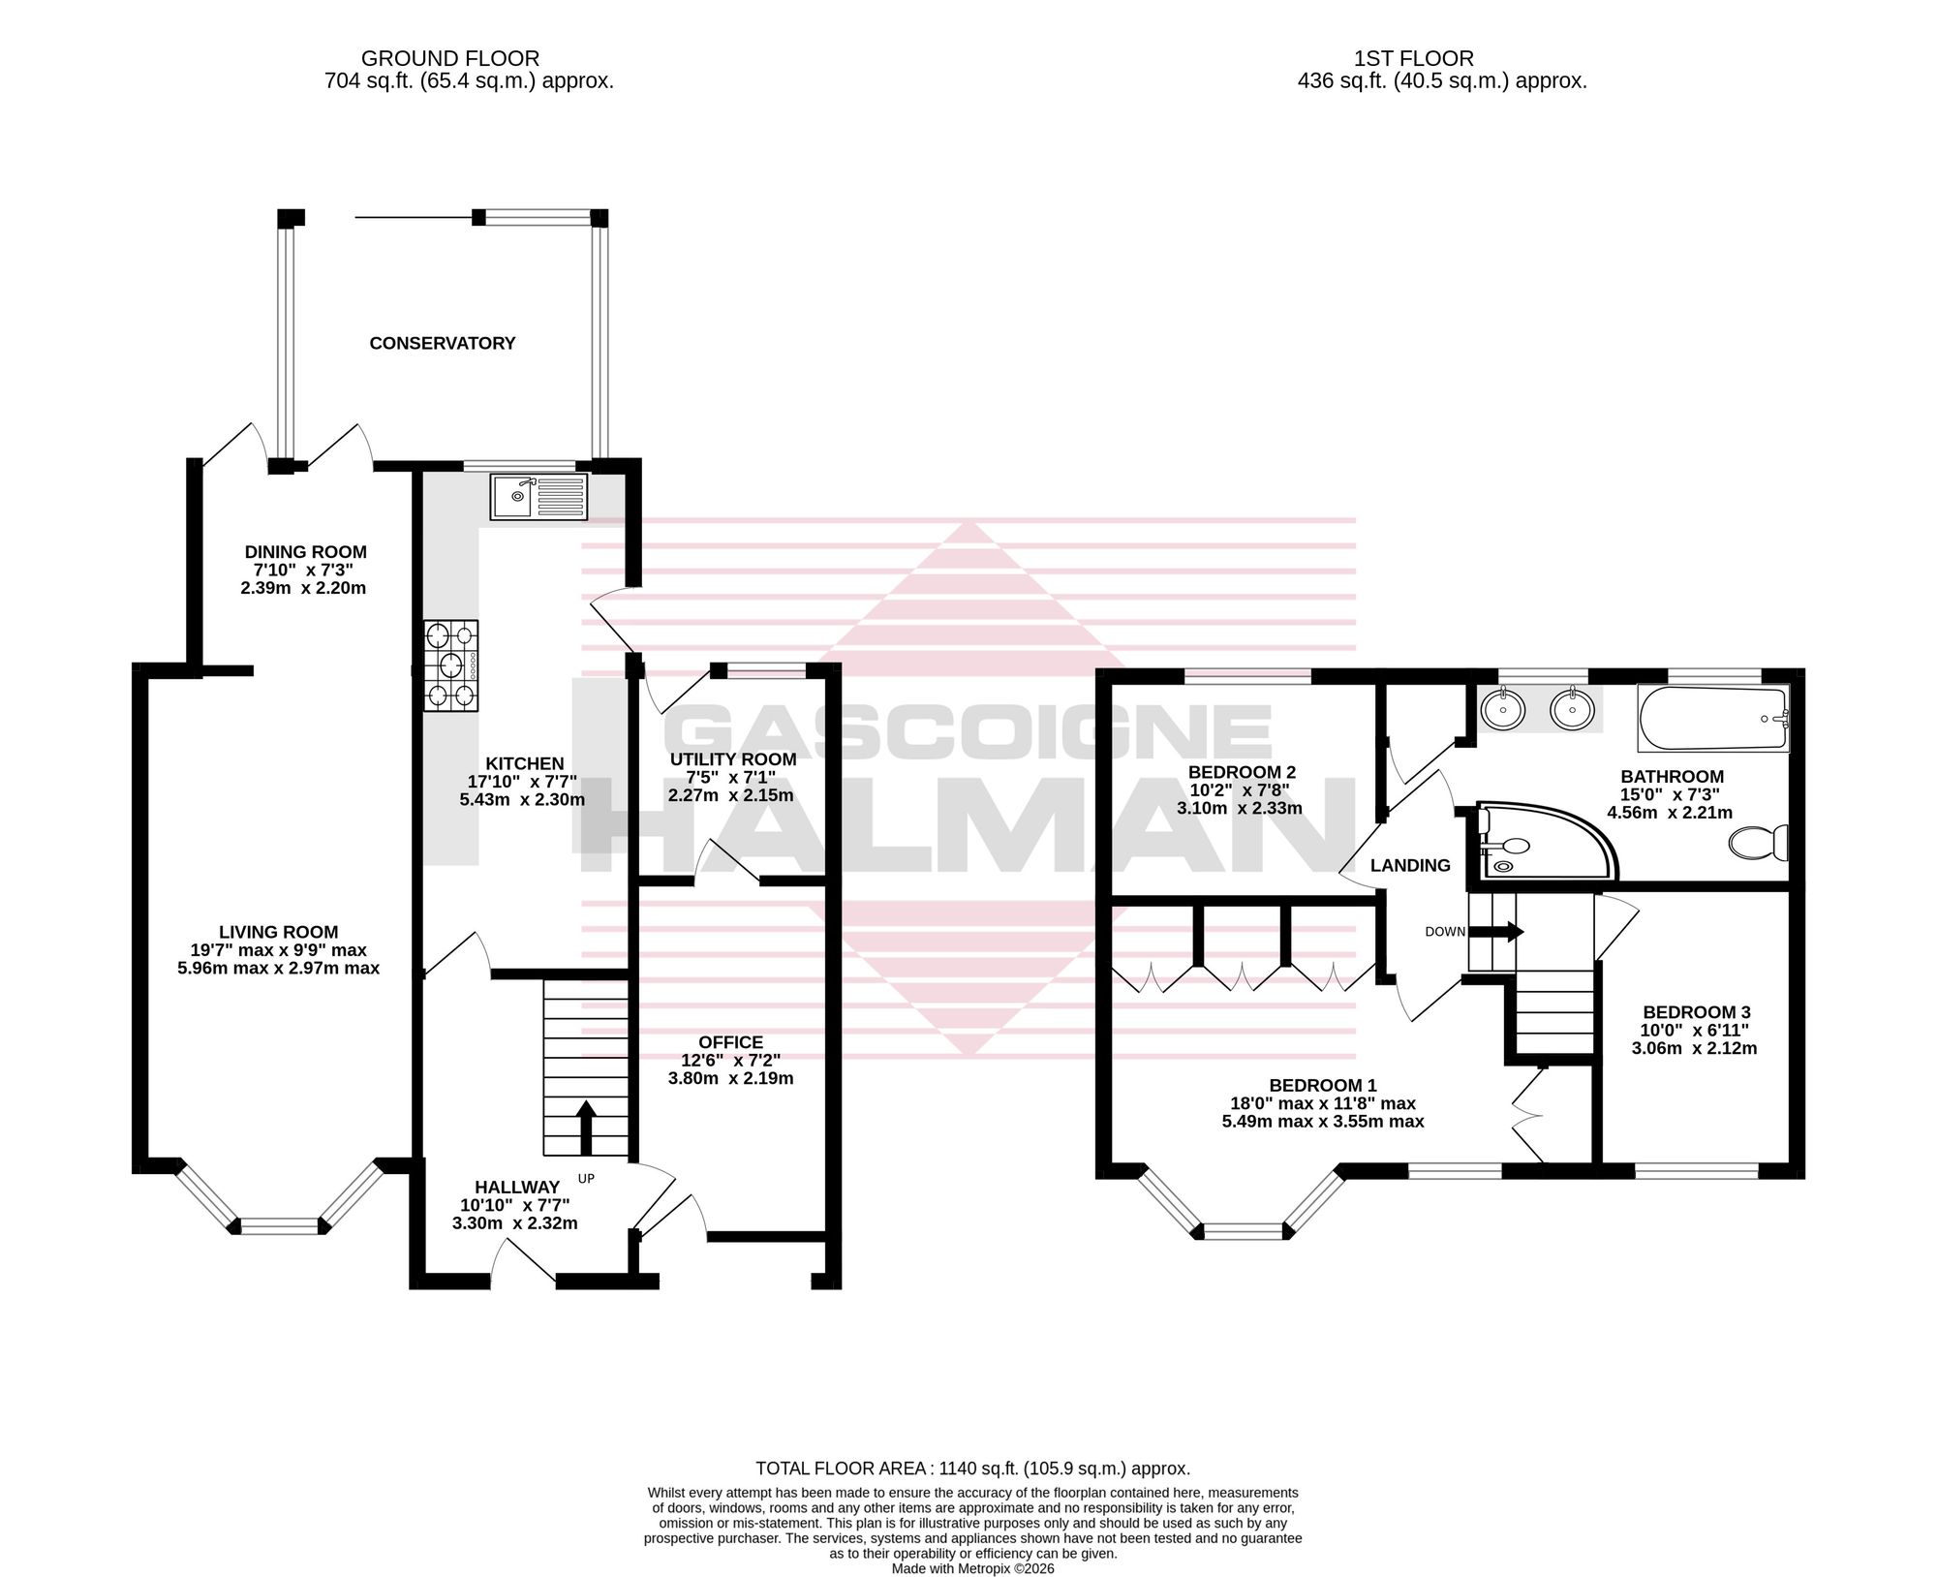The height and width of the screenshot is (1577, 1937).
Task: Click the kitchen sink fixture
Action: (x=538, y=497)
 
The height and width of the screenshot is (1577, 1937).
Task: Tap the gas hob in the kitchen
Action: (x=451, y=665)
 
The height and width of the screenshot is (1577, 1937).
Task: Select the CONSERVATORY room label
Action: (x=443, y=343)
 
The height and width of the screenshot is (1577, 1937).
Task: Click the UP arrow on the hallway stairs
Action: (x=585, y=1127)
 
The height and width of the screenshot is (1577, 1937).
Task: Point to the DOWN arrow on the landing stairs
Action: (x=1496, y=932)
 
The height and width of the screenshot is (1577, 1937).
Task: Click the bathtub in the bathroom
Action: (x=1713, y=719)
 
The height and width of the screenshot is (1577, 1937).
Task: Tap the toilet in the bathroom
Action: (x=1759, y=842)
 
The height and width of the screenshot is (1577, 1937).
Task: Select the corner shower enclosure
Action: (x=1545, y=840)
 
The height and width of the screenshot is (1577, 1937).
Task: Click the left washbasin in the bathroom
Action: (x=1502, y=710)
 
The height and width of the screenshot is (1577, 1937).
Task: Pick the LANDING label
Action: (x=1410, y=865)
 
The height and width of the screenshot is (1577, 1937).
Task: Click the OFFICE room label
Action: (x=730, y=1042)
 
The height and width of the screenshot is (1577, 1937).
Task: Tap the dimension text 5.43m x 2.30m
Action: (x=522, y=800)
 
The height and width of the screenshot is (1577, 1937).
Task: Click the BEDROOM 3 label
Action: (x=1696, y=1012)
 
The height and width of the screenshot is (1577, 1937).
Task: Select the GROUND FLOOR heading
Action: (x=450, y=59)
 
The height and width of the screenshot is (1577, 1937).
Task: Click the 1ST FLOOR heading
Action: (x=1414, y=59)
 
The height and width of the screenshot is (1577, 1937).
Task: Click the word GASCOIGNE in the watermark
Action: (x=969, y=733)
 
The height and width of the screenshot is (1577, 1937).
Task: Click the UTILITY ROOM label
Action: (x=733, y=759)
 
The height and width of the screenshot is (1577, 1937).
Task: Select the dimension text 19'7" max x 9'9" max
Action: (x=279, y=950)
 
